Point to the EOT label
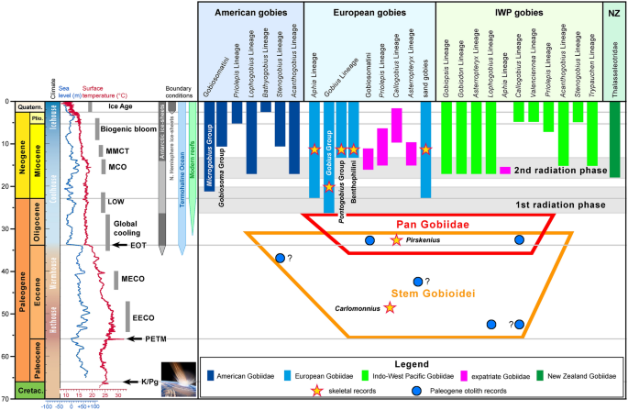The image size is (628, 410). (x=138, y=245)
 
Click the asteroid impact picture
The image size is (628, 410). (x=178, y=380)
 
